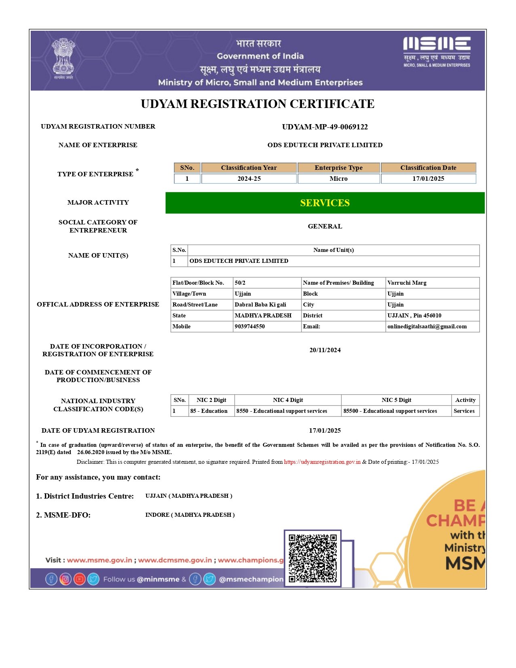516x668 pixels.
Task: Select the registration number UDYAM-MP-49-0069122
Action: pyautogui.click(x=325, y=127)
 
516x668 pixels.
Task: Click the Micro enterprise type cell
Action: pyautogui.click(x=339, y=179)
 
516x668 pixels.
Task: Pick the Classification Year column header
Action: pyautogui.click(x=249, y=168)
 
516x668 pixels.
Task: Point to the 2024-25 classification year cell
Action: pyautogui.click(x=249, y=179)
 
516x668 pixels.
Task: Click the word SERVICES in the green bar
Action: pyautogui.click(x=325, y=203)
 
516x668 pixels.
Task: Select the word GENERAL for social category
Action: pyautogui.click(x=325, y=226)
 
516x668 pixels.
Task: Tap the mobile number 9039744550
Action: pyautogui.click(x=250, y=327)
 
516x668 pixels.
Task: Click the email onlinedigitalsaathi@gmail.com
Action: pyautogui.click(x=427, y=327)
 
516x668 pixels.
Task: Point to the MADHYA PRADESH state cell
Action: pyautogui.click(x=263, y=316)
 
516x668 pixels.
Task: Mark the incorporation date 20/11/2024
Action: pyautogui.click(x=325, y=350)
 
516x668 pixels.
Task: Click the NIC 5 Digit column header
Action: pyautogui.click(x=396, y=400)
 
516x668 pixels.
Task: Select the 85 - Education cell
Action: pyautogui.click(x=209, y=411)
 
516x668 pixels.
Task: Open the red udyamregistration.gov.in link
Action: pyautogui.click(x=322, y=462)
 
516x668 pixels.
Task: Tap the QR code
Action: pyautogui.click(x=313, y=558)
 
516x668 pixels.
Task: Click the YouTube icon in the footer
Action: pyautogui.click(x=80, y=579)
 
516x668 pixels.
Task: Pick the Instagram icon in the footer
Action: pyautogui.click(x=65, y=579)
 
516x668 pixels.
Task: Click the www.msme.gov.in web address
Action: pyautogui.click(x=99, y=560)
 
